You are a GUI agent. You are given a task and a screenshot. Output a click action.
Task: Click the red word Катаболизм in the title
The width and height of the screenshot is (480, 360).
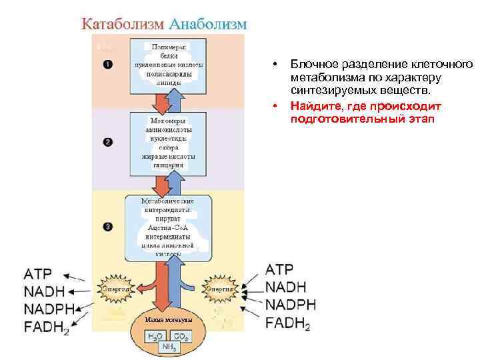click(x=123, y=23)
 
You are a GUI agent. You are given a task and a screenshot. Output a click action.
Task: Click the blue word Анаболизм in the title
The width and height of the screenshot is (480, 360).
click(x=208, y=23)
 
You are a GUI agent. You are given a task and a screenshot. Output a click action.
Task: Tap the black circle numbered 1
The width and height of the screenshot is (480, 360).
click(x=108, y=64)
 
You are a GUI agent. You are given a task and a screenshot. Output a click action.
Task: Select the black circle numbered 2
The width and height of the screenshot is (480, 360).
click(x=108, y=142)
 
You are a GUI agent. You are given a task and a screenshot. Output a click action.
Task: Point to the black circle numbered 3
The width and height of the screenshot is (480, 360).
click(x=108, y=227)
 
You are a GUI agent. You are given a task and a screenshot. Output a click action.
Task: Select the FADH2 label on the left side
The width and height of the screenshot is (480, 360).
click(x=45, y=327)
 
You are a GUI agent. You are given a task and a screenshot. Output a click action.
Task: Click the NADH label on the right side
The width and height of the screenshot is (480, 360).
click(x=285, y=287)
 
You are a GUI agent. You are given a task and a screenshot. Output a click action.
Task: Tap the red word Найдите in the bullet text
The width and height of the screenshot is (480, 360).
click(x=316, y=107)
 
